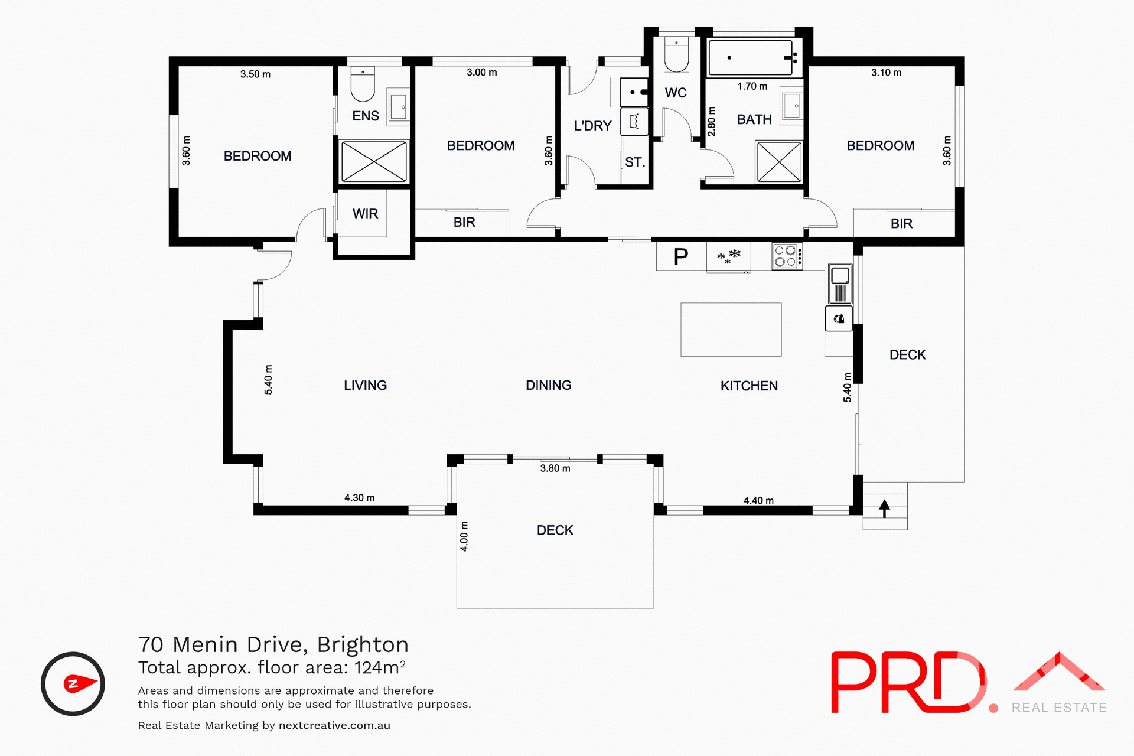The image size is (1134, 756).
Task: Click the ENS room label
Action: point(365,116)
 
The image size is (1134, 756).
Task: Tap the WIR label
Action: point(365,214)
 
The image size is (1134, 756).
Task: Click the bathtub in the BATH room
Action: point(750,58)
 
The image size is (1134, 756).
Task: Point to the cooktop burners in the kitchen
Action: point(786,256)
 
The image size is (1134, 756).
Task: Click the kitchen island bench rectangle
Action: point(731,330)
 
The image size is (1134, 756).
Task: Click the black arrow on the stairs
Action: point(884,508)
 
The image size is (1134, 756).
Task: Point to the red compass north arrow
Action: point(79,684)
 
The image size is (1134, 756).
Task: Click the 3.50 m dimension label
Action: point(255,74)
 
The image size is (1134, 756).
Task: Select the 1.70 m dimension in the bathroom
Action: point(752,86)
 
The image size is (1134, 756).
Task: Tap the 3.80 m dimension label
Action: point(555,468)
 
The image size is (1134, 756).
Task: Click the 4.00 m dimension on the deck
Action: point(464,536)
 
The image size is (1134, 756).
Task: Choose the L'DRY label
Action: point(592,126)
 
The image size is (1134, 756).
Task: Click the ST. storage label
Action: point(634,162)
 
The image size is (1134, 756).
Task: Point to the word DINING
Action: point(548,386)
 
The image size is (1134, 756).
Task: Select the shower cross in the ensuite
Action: point(374,162)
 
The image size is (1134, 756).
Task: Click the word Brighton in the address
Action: point(363,644)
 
